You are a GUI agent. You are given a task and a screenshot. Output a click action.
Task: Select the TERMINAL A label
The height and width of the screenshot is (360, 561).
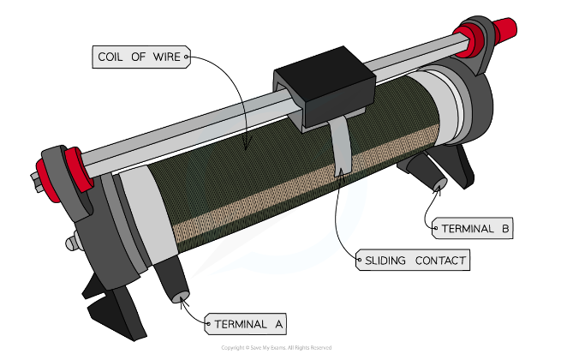pos(247,324)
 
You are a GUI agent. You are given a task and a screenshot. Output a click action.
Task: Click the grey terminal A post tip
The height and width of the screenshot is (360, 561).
pos(180,298)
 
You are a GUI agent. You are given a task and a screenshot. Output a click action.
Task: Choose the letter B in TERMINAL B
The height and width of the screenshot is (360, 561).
pos(504,229)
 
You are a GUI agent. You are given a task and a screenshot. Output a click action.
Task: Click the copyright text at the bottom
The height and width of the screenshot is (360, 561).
pos(276,347)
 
